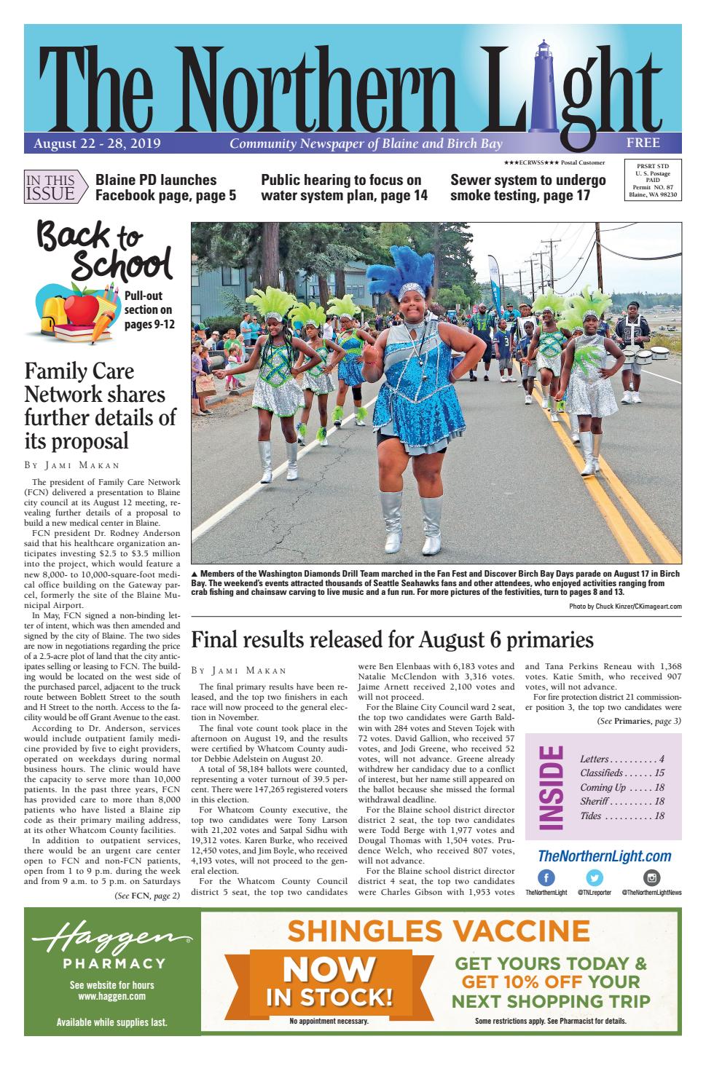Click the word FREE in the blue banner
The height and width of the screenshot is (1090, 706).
click(x=643, y=142)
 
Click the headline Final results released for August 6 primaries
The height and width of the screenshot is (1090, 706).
click(x=392, y=640)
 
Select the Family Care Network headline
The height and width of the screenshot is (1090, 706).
click(x=100, y=406)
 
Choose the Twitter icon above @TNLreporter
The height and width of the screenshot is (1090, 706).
click(x=595, y=878)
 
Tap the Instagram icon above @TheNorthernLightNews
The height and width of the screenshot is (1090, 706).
click(x=652, y=878)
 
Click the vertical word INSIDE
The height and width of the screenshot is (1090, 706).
click(x=552, y=787)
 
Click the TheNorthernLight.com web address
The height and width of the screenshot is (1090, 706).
click(x=604, y=856)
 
